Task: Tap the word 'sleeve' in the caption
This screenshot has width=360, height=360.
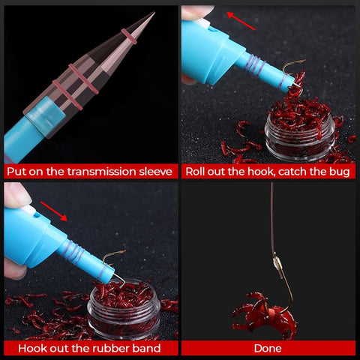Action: (x=155, y=172)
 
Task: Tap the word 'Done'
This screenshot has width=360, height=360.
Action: (x=268, y=349)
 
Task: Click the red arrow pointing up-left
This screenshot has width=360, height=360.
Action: (x=241, y=21)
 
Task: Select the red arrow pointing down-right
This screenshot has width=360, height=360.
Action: (x=54, y=211)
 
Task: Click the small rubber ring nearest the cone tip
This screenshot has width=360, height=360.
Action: (x=129, y=37)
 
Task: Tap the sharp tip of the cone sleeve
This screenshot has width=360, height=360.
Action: (x=154, y=13)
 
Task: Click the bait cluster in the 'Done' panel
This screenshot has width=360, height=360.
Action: (x=265, y=316)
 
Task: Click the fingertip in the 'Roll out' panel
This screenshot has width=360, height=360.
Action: (x=196, y=12)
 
